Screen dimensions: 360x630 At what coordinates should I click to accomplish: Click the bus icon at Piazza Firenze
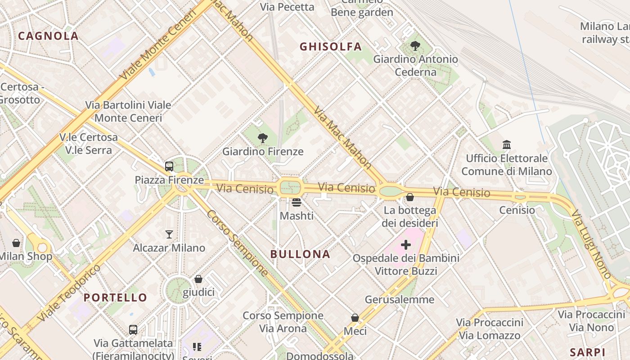(169, 166)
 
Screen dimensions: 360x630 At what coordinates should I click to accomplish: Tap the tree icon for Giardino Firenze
(263, 138)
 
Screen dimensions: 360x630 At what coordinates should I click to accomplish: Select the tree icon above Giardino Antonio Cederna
(415, 45)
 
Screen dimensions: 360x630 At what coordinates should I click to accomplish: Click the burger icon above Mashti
(296, 202)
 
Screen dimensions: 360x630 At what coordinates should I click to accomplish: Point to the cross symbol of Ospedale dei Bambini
(406, 245)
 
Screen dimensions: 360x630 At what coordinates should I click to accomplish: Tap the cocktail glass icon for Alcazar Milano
(169, 234)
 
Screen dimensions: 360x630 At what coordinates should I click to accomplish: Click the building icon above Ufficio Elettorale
(507, 145)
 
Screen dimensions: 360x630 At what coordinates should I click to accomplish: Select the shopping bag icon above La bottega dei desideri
(410, 197)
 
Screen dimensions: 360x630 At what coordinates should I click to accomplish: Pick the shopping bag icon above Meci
(355, 318)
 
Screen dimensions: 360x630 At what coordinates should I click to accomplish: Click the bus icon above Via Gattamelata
(133, 329)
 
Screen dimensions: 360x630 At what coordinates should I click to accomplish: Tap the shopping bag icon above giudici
(198, 279)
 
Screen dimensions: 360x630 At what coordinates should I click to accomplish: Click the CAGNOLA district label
(48, 36)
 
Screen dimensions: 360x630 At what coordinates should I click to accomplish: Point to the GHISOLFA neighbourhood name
(331, 46)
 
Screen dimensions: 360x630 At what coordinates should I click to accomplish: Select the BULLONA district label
(300, 254)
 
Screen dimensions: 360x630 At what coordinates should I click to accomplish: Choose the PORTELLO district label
(115, 297)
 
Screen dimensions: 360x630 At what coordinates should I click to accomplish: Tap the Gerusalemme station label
(400, 300)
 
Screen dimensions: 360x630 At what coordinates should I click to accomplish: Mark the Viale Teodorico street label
(69, 293)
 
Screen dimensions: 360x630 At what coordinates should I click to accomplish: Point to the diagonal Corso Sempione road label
(237, 243)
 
